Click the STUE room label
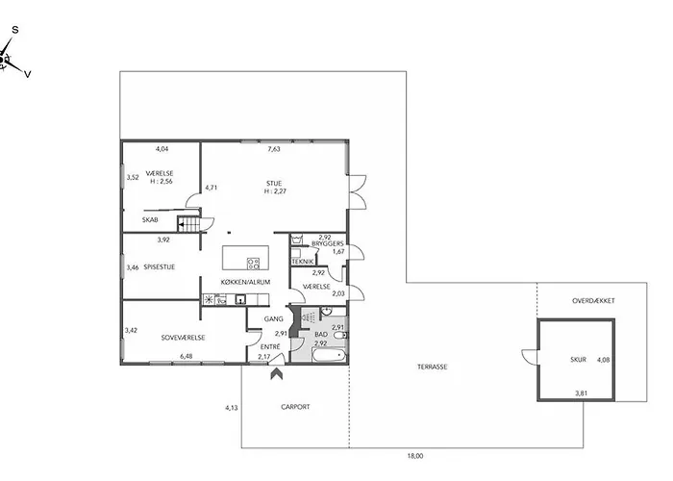click(x=274, y=184)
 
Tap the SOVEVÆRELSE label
click(x=184, y=338)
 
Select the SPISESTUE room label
click(x=160, y=267)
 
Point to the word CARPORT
click(x=295, y=407)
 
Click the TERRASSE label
click(x=433, y=367)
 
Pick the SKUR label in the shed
click(x=578, y=360)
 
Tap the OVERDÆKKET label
click(x=593, y=300)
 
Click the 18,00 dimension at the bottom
click(x=415, y=456)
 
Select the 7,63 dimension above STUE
click(x=274, y=149)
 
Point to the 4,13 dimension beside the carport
click(x=232, y=408)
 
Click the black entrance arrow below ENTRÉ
click(x=277, y=373)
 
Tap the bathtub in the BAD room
click(x=329, y=356)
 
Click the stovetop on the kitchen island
click(x=253, y=264)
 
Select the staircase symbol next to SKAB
click(x=188, y=224)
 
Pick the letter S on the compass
click(x=15, y=30)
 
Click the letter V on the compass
click(x=28, y=74)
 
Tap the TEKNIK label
click(x=303, y=262)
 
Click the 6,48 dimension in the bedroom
click(x=187, y=356)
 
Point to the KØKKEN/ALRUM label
click(x=245, y=282)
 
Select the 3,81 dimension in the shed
click(x=581, y=392)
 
